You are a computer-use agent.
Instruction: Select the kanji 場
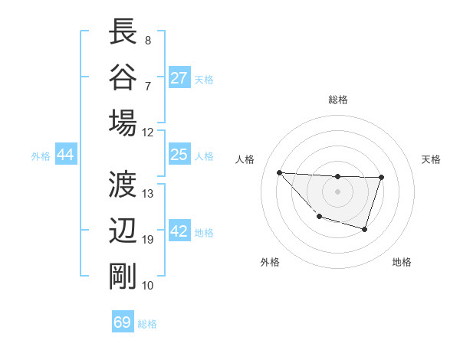click(x=123, y=123)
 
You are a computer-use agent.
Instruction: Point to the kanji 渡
click(x=123, y=185)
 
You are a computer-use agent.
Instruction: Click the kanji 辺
click(x=123, y=231)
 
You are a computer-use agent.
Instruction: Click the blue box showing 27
click(x=179, y=78)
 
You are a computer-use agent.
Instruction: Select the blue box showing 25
click(x=179, y=155)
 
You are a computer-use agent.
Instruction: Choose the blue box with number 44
click(x=65, y=155)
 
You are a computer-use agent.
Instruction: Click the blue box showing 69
click(x=123, y=322)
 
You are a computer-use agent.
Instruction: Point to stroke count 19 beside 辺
click(x=147, y=240)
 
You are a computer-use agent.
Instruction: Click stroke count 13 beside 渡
click(x=148, y=194)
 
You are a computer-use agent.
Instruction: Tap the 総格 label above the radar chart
click(x=337, y=100)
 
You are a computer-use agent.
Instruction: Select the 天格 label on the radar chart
click(x=432, y=159)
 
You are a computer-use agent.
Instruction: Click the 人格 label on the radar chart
click(x=245, y=159)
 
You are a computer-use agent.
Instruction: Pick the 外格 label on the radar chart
click(x=270, y=262)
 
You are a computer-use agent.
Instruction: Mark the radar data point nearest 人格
click(x=279, y=172)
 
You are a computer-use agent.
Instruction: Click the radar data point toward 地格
click(x=365, y=229)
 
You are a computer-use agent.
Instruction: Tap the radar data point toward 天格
click(x=381, y=178)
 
